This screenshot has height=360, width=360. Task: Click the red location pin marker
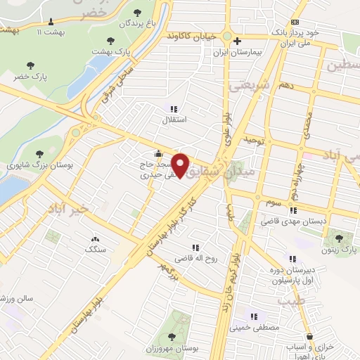pos(181,165)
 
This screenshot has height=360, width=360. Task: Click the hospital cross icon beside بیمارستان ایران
pos(238,41)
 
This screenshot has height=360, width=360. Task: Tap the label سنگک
pos(94,249)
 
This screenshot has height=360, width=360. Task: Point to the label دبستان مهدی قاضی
pos(293,221)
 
